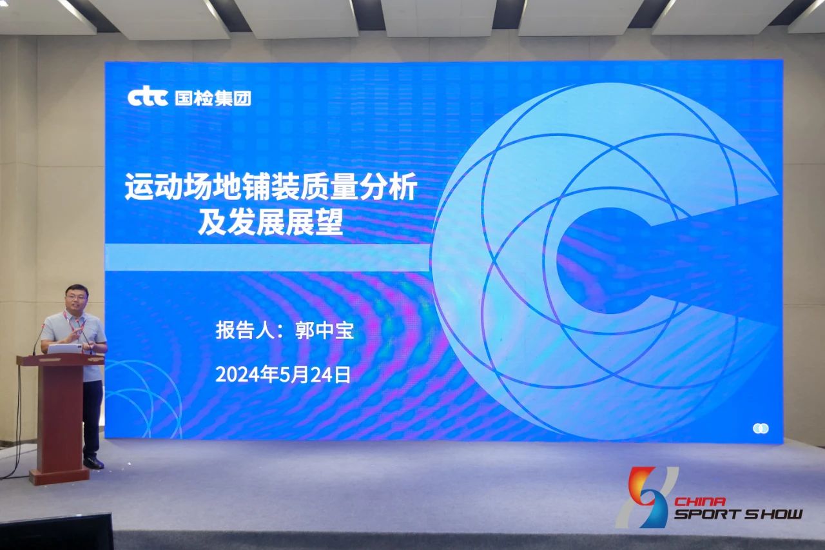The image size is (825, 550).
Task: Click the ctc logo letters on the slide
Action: point(148,98)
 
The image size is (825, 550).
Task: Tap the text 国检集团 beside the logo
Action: point(213,98)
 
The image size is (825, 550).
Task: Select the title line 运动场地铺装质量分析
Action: point(271,187)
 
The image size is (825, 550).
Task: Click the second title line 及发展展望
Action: point(271,222)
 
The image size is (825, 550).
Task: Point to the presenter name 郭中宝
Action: point(324,330)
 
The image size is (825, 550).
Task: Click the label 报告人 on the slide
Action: point(245,330)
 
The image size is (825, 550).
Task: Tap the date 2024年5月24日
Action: point(283,375)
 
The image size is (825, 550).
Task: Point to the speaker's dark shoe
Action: point(93,463)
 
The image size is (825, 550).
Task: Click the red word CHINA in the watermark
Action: point(699,502)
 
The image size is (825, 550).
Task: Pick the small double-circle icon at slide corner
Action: point(761,428)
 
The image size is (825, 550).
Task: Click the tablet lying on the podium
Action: point(65,348)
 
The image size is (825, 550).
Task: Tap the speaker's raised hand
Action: point(75,334)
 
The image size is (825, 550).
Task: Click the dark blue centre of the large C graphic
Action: point(608,261)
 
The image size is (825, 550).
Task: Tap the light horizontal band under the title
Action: point(268,257)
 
